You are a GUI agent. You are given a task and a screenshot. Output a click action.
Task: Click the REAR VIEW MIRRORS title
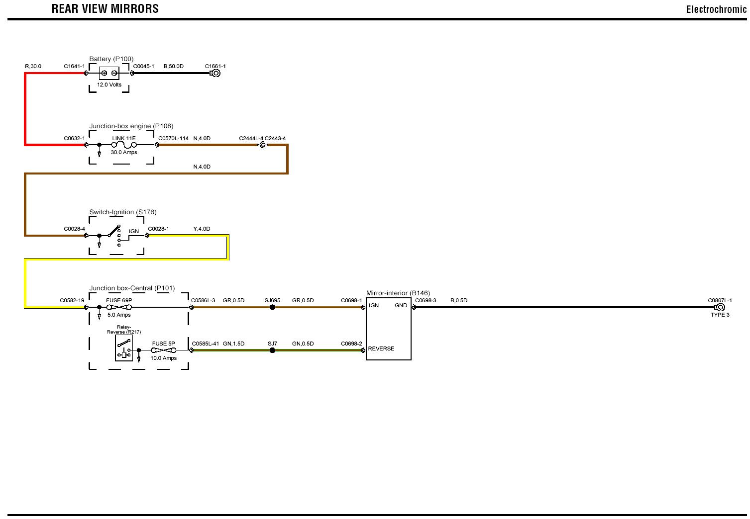(105, 8)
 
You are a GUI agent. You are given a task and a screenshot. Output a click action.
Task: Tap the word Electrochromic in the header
(716, 9)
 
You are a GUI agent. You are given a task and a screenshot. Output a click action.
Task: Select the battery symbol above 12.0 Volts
(109, 73)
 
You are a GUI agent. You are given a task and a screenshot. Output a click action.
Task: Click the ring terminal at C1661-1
(215, 73)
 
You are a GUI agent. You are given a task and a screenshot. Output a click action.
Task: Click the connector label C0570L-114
(173, 138)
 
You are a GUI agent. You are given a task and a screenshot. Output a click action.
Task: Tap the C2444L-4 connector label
(251, 138)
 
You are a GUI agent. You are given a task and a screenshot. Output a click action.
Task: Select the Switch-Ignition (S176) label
(123, 212)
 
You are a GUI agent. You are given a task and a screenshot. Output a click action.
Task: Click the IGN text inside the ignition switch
(134, 231)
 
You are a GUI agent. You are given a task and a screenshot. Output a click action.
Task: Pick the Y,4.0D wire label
(202, 229)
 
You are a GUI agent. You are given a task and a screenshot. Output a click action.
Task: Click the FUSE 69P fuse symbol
(119, 307)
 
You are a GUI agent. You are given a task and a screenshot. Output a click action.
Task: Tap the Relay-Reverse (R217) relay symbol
(124, 347)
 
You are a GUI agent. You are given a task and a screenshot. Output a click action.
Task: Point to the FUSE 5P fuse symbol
(163, 350)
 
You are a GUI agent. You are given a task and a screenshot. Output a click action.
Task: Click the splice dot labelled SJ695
(272, 307)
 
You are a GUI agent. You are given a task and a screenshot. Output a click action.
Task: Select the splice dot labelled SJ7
(272, 350)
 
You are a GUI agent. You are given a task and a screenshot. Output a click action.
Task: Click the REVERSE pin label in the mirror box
(381, 348)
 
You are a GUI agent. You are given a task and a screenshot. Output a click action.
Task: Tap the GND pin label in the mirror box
(401, 305)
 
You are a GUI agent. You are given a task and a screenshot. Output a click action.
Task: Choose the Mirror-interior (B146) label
(398, 293)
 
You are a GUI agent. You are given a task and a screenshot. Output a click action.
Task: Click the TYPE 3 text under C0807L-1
(720, 315)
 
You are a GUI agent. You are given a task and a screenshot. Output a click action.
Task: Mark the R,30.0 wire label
(33, 66)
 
